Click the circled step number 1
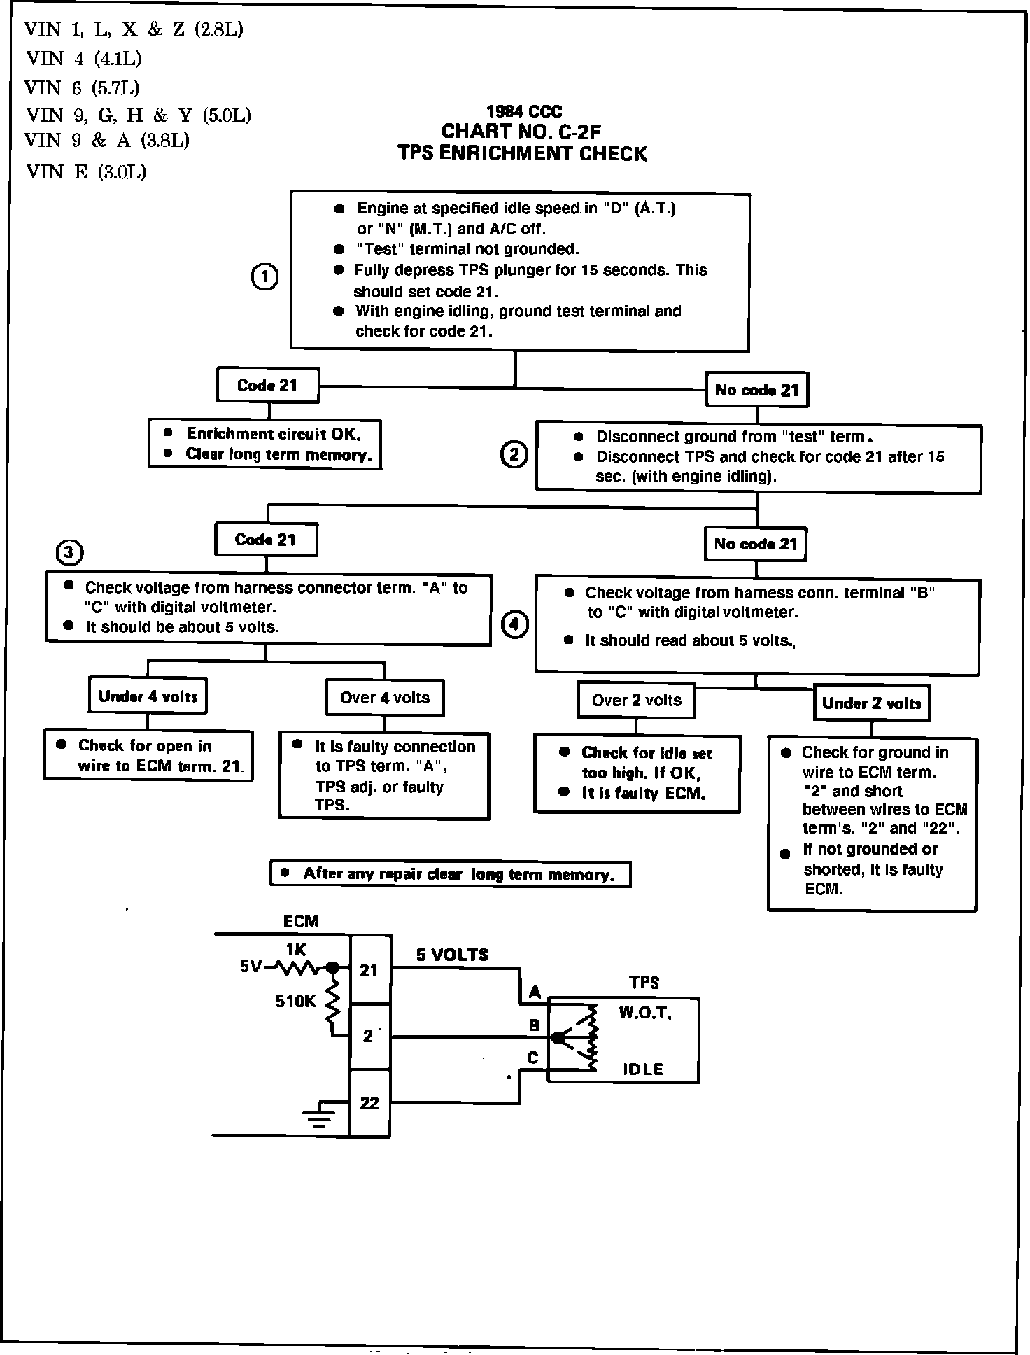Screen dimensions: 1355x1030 (264, 278)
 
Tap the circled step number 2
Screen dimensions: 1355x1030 (514, 455)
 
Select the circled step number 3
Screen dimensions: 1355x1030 (69, 553)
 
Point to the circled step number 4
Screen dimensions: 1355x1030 (514, 624)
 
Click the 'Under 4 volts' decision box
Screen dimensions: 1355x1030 (148, 696)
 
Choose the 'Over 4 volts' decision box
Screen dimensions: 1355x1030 (385, 698)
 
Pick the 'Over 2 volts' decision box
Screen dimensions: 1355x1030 (636, 701)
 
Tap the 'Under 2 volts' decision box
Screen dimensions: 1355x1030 (871, 703)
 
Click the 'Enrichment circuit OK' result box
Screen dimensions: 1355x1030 (265, 444)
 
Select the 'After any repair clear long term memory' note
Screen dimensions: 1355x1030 (450, 874)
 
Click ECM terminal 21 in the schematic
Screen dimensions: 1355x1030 (369, 970)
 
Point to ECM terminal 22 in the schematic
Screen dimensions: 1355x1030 (369, 1103)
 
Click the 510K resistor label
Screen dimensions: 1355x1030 (295, 1002)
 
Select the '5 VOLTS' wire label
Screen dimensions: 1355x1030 (452, 955)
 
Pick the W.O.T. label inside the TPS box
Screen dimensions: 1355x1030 (645, 1013)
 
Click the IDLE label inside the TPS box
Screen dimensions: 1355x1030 (643, 1069)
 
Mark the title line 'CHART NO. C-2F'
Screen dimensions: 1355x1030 (521, 132)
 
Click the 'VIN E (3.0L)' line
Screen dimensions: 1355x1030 (86, 172)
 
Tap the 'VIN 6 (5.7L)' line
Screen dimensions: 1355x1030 (82, 87)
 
